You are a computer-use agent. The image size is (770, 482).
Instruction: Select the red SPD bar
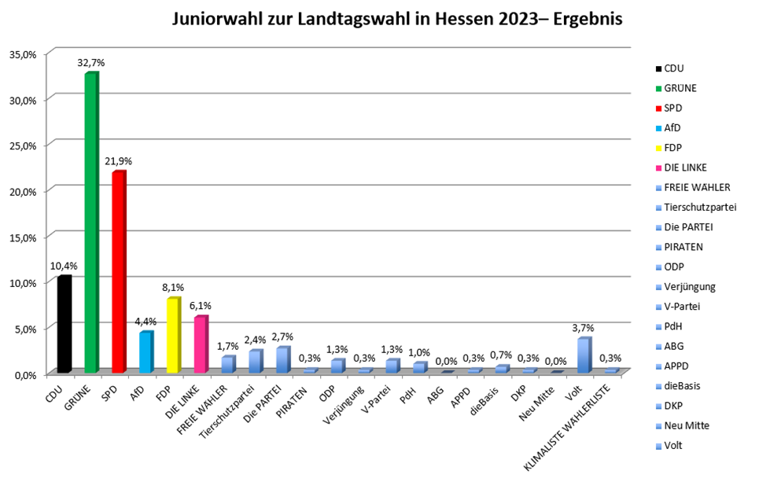118,272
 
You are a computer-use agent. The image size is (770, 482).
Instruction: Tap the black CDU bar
64,324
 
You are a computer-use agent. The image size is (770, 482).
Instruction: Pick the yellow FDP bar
172,335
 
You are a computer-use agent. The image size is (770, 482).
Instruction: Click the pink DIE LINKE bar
200,344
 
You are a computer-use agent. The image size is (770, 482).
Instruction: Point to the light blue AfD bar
146,351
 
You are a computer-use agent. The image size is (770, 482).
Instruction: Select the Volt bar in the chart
583,355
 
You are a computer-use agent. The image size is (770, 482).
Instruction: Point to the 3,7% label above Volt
584,329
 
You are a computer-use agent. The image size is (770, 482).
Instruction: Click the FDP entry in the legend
674,148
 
